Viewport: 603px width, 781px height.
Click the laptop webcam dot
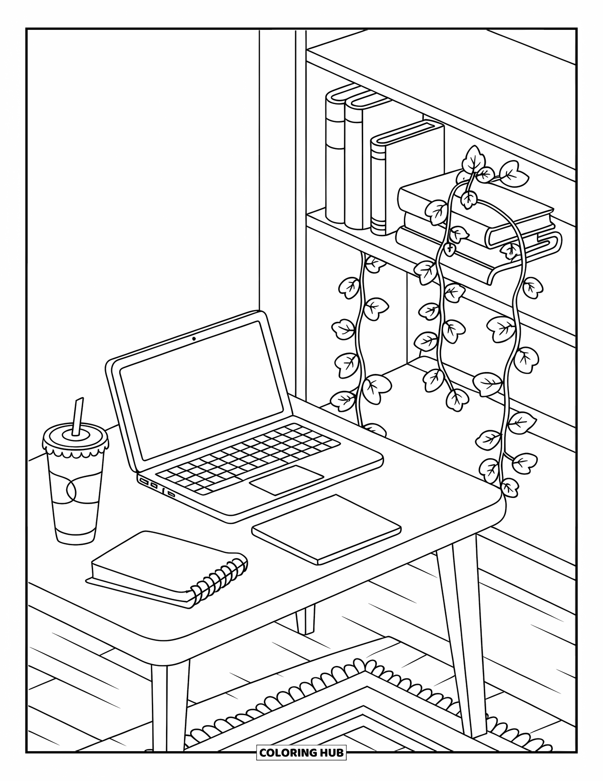pyautogui.click(x=194, y=338)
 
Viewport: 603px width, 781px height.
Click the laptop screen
pyautogui.click(x=201, y=390)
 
